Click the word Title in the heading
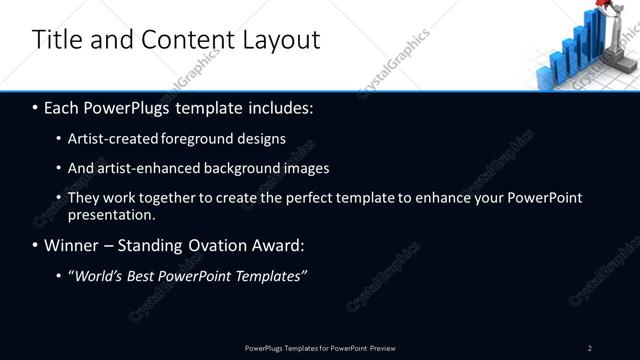click(53, 40)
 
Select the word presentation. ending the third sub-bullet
click(111, 214)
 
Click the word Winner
click(70, 245)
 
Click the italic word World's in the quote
click(98, 275)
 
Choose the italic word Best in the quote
click(146, 275)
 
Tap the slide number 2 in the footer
click(590, 347)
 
